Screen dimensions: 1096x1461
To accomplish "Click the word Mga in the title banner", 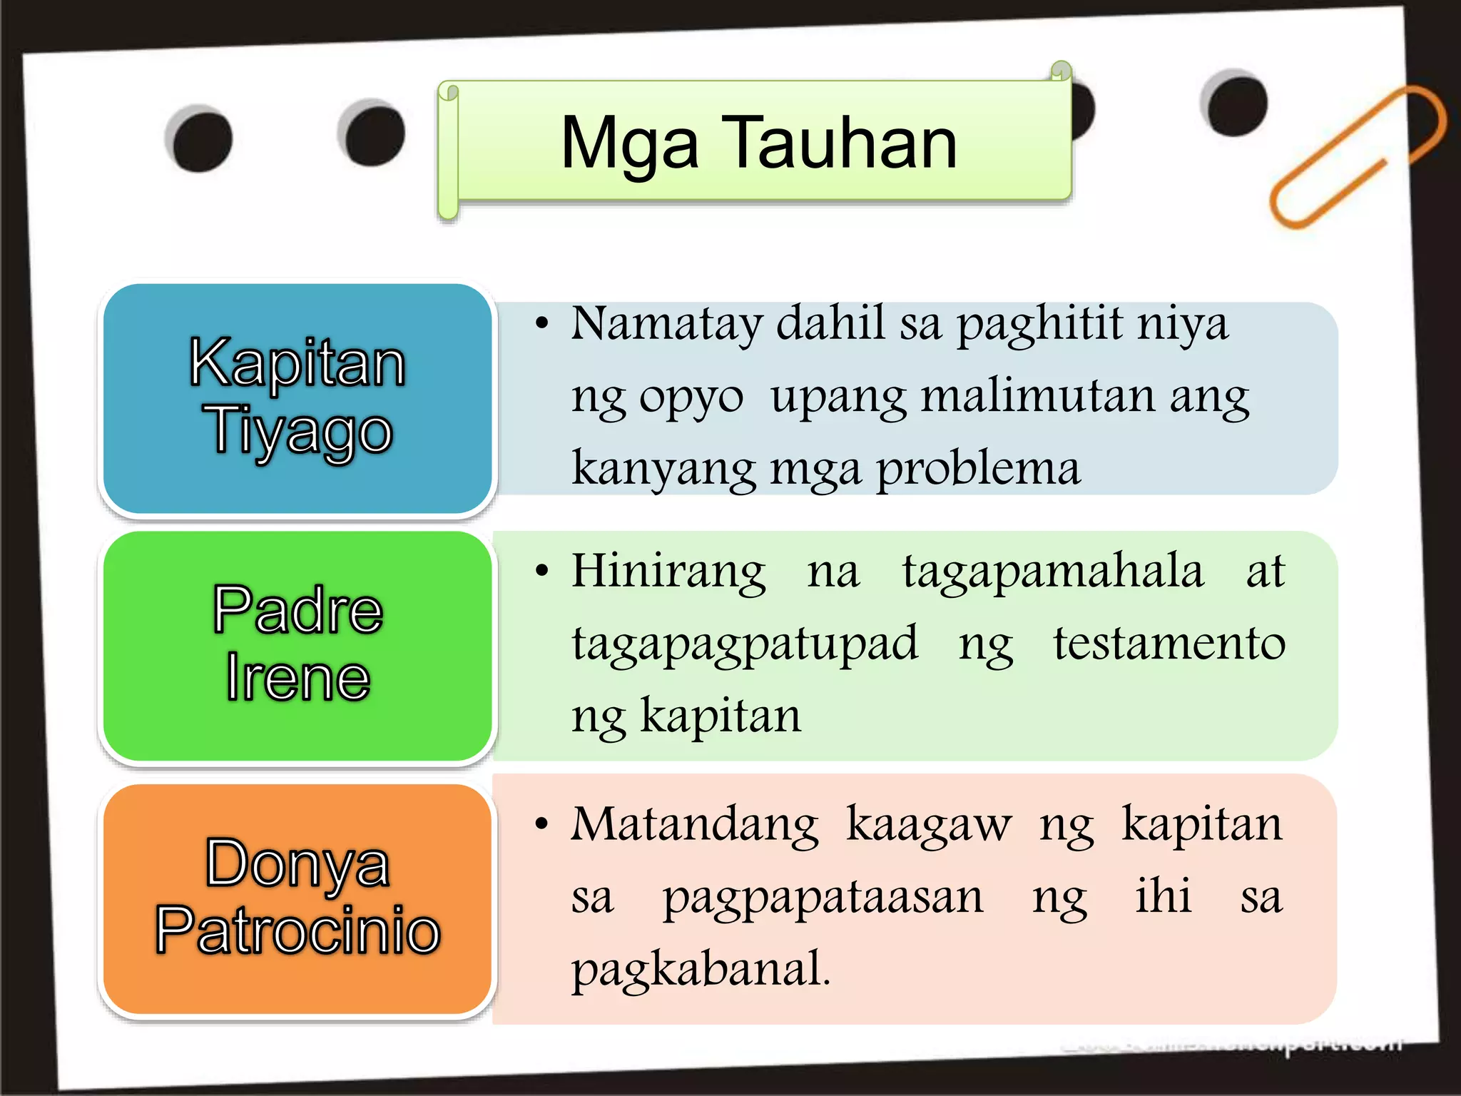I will coord(629,145).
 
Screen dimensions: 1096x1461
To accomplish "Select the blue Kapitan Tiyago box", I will coord(297,397).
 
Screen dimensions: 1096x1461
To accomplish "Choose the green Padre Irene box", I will coord(297,646).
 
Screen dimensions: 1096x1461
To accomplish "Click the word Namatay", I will coord(666,324).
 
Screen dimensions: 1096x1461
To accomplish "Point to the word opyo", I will coord(691,397).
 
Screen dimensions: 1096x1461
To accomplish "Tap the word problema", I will coord(977,470).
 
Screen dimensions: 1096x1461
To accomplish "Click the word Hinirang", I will coord(668,572).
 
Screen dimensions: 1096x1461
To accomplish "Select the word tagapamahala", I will coord(1053,572).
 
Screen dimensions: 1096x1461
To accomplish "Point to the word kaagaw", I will coord(928,826).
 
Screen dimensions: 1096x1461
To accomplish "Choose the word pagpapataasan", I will coord(823,898).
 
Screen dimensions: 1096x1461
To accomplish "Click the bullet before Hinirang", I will coord(542,571).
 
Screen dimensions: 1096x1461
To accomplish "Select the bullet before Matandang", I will coord(542,825).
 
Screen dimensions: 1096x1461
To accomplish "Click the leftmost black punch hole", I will coord(200,139).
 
